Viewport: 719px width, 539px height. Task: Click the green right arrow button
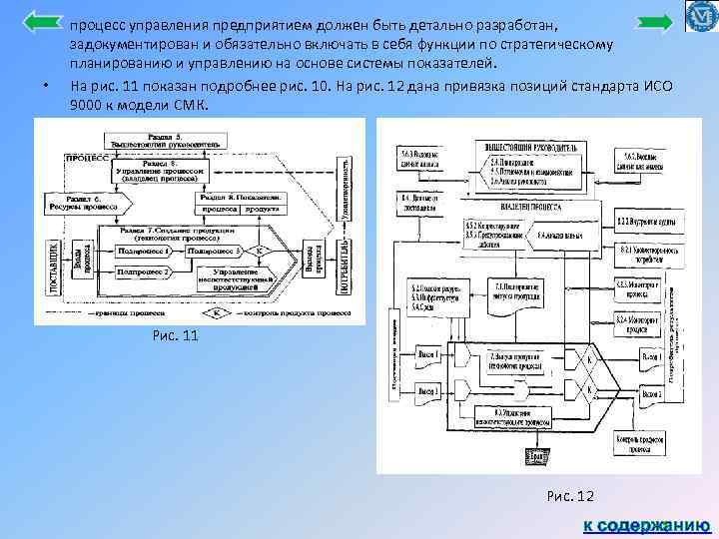654,23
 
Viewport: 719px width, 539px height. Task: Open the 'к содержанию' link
646,523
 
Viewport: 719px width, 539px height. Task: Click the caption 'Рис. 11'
176,336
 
